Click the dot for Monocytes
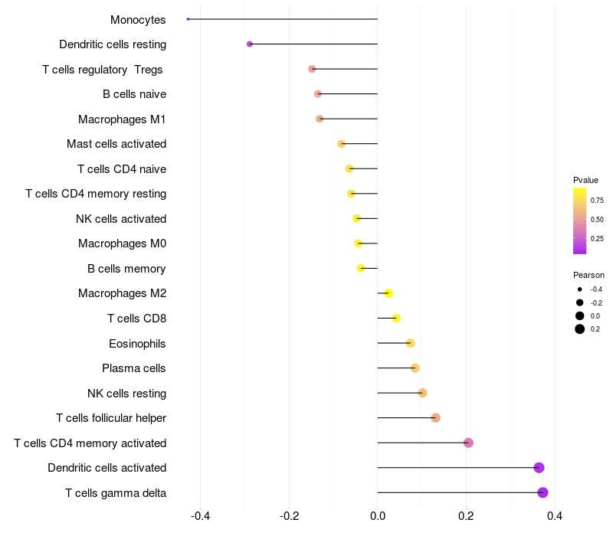tap(188, 19)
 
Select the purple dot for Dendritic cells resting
tap(250, 44)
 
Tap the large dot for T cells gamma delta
tap(543, 492)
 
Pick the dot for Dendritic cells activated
tap(539, 468)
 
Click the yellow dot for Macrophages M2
tap(388, 293)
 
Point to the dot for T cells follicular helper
tap(435, 418)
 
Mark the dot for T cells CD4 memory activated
tap(468, 443)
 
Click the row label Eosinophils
tap(137, 343)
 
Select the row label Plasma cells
tap(134, 368)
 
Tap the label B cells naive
tap(134, 94)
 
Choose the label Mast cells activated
tap(116, 144)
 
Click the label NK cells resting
tap(126, 394)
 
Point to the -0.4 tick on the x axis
tap(200, 516)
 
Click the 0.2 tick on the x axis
tap(466, 516)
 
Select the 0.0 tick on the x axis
tap(378, 516)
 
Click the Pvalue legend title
tap(585, 180)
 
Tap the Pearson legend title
tap(588, 275)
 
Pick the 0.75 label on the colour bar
tap(597, 201)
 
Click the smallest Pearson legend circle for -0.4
tap(580, 289)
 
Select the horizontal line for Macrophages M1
tap(349, 119)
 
